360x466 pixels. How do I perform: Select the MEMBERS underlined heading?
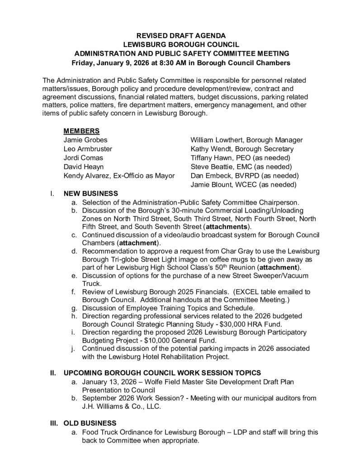(81, 131)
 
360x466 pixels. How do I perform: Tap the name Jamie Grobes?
(85, 140)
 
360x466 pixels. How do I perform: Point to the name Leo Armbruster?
(88, 148)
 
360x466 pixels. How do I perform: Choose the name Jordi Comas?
(83, 157)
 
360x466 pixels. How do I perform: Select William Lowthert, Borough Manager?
(246, 140)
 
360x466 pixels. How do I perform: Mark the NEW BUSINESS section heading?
(91, 193)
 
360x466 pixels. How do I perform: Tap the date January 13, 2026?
(109, 382)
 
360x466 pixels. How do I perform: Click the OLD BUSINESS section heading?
(90, 423)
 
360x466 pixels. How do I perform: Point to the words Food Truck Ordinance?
(115, 432)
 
